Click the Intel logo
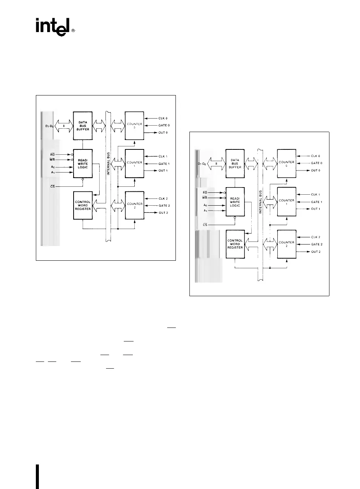[x=53, y=26]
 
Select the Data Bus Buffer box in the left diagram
[x=83, y=126]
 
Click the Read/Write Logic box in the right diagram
[x=235, y=202]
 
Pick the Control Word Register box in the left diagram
[x=83, y=205]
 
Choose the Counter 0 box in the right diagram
[x=286, y=163]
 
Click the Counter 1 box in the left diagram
[x=134, y=164]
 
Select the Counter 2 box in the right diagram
[x=286, y=244]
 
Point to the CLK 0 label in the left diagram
[x=163, y=118]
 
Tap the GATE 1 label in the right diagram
[x=316, y=202]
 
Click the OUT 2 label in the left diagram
[x=163, y=213]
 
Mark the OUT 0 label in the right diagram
[x=315, y=171]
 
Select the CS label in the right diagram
[x=205, y=225]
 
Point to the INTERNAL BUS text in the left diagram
[x=109, y=163]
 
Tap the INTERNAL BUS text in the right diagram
[x=260, y=202]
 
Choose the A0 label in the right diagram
[x=205, y=205]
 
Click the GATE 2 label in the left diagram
[x=164, y=206]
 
